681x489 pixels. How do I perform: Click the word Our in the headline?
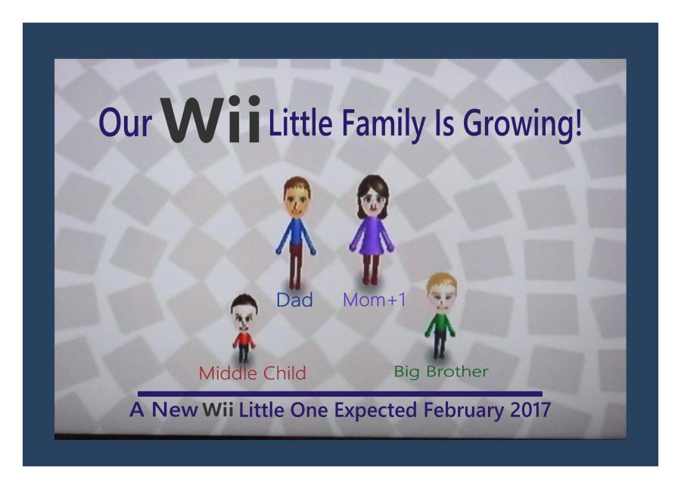tap(121, 124)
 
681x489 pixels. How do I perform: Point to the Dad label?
tap(294, 301)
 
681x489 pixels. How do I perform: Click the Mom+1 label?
tap(375, 301)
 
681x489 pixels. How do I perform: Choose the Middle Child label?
tap(252, 372)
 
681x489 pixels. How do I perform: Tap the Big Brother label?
tap(441, 371)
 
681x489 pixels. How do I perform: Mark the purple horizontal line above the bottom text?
tap(340, 394)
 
